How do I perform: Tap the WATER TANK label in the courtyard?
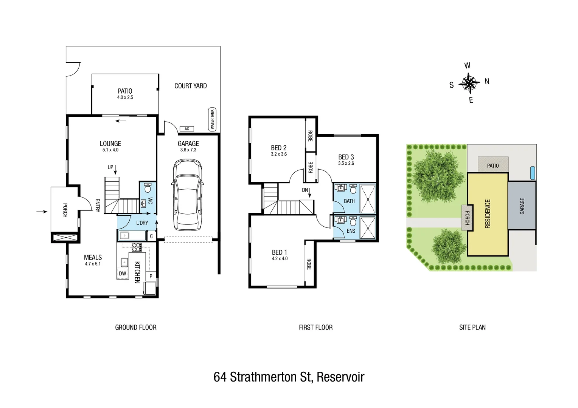click(x=212, y=119)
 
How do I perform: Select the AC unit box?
click(x=186, y=129)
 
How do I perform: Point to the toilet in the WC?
click(x=148, y=188)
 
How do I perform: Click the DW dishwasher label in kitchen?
click(x=123, y=274)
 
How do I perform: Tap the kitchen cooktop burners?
click(x=137, y=247)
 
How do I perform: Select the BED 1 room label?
click(x=279, y=252)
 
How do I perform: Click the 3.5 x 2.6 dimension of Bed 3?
click(x=346, y=163)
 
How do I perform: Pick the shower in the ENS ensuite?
click(x=367, y=228)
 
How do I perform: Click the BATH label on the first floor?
click(x=349, y=201)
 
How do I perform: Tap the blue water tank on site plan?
click(x=533, y=173)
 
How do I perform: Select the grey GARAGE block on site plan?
click(x=522, y=206)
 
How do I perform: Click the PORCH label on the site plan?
click(x=467, y=218)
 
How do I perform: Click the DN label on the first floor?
click(x=305, y=190)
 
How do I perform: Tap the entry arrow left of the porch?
click(x=42, y=212)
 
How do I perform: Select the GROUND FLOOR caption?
click(x=135, y=328)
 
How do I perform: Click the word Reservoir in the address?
click(x=340, y=377)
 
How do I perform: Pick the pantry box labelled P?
click(x=151, y=276)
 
